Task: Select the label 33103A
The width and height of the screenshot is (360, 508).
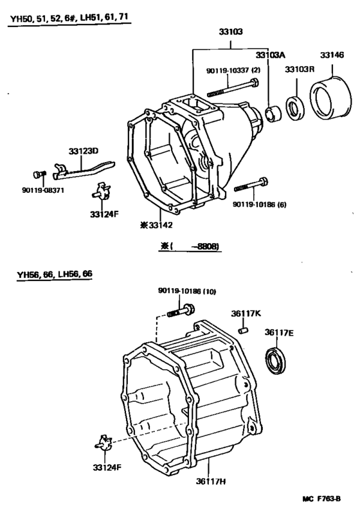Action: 270,55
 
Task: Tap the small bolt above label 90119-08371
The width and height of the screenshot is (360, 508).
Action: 37,174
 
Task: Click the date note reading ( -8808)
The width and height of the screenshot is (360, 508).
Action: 190,246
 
